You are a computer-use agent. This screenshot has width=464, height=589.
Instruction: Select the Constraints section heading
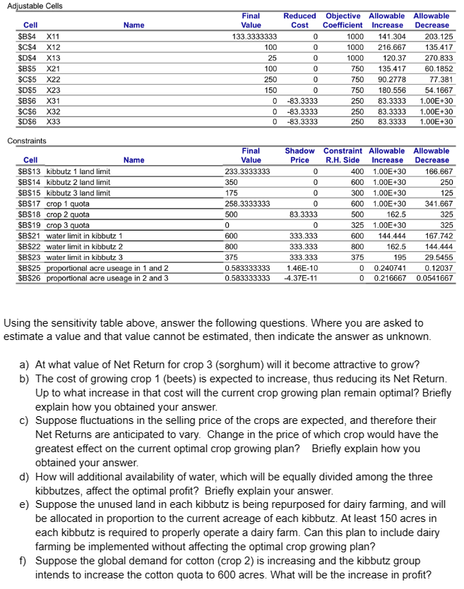[26, 141]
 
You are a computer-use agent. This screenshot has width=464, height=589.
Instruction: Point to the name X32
[54, 111]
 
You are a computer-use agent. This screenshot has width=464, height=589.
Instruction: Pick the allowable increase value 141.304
[393, 36]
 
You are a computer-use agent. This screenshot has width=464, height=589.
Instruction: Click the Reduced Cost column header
[299, 20]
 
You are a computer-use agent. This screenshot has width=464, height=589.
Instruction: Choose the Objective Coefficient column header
[343, 20]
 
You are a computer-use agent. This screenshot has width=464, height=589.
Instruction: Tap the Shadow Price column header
[299, 155]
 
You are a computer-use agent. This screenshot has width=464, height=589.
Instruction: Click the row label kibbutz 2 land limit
[78, 182]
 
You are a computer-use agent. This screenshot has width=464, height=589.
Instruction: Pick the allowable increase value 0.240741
[391, 268]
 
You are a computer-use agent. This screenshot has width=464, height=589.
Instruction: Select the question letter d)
[24, 477]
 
